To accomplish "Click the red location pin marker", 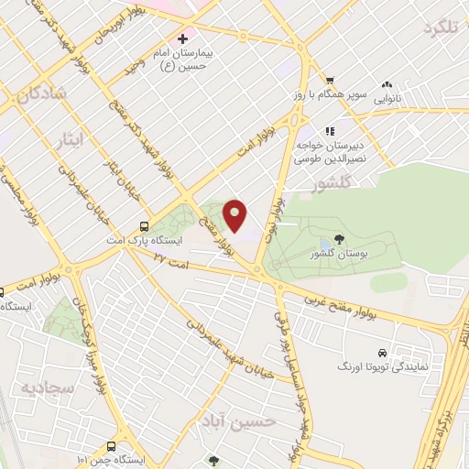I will [236, 216].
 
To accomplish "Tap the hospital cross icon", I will [182, 39].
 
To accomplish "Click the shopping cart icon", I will [329, 80].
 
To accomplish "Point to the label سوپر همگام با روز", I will [335, 94].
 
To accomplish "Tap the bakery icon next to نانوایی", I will [387, 83].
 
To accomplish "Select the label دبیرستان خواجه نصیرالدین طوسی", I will [329, 151].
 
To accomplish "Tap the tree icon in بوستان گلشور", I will [340, 240].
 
